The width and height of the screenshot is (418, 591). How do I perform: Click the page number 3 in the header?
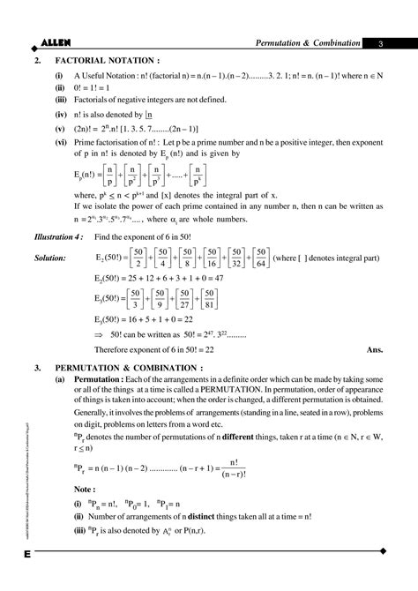(x=379, y=44)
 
